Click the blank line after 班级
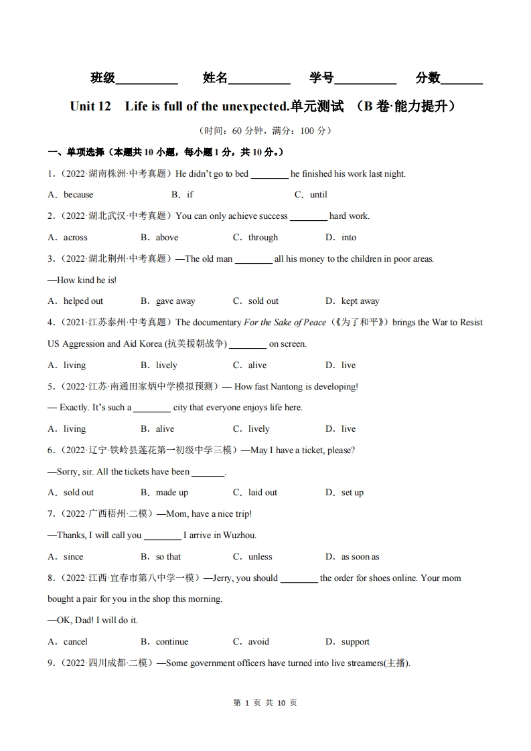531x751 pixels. point(147,80)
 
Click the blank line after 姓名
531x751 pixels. point(259,80)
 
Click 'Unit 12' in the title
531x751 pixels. point(90,106)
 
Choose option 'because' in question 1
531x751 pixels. point(78,195)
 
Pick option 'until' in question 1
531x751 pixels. point(319,195)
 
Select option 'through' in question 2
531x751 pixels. point(263,238)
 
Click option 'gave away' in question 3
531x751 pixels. point(175,301)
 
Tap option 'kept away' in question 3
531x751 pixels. point(360,301)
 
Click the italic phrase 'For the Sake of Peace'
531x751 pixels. point(285,323)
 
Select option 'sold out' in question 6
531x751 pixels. point(78,493)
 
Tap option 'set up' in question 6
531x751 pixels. point(352,493)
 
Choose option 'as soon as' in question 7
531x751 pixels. point(360,557)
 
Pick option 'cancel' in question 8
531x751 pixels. point(76,642)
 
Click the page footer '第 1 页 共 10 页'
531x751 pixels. point(265,703)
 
